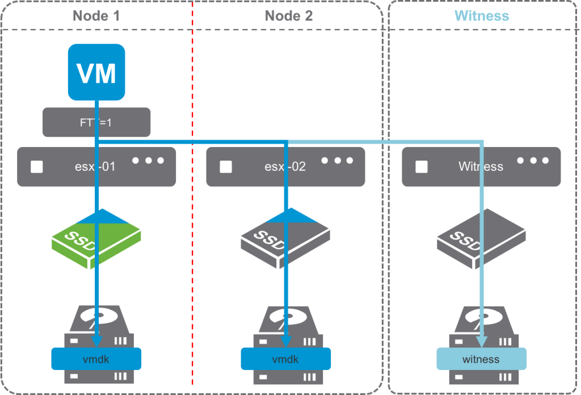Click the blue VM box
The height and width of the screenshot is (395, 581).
tap(96, 73)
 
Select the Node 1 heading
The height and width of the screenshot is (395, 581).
tap(96, 15)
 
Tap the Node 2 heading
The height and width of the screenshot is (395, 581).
tap(288, 15)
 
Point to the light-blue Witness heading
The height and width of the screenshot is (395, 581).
tap(482, 15)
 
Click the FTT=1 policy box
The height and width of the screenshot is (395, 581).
tap(96, 122)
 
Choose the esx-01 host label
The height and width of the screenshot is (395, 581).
tap(96, 167)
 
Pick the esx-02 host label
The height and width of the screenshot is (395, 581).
tap(285, 167)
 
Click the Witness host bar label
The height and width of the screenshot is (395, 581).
tap(481, 167)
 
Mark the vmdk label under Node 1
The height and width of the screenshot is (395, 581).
tap(96, 359)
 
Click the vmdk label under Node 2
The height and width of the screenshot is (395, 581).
tap(285, 359)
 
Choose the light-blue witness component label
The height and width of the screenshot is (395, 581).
tap(481, 359)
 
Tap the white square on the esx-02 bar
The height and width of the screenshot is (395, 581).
tap(226, 166)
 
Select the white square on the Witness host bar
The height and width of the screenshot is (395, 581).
tap(421, 166)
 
